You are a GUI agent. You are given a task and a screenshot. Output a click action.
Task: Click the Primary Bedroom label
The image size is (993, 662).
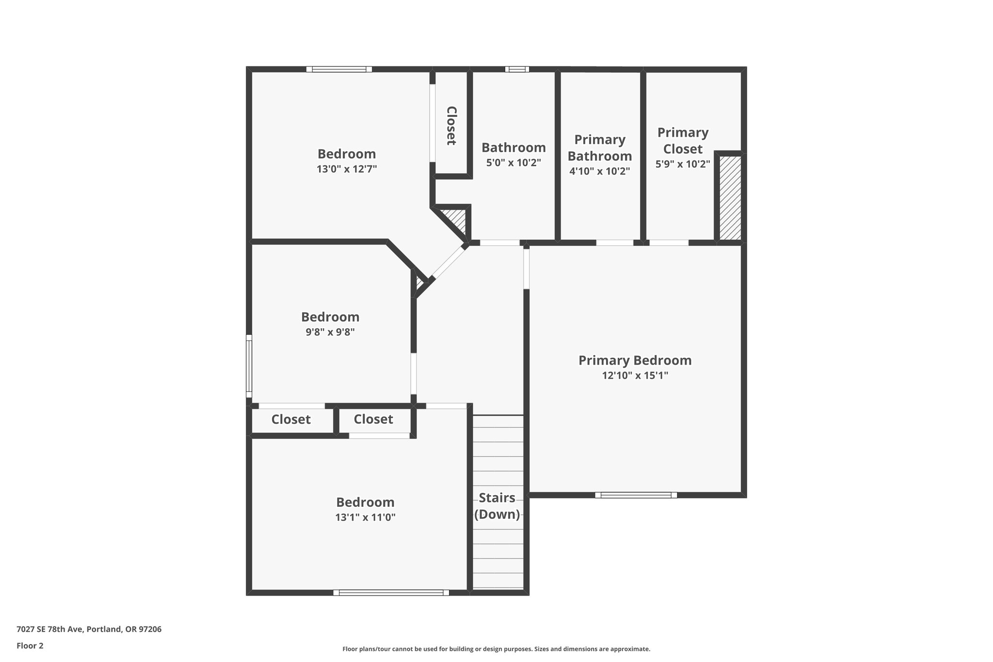point(635,360)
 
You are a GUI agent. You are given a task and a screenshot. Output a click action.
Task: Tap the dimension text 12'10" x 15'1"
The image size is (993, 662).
point(635,375)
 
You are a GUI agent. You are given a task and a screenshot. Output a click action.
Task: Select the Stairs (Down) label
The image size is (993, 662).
point(497,506)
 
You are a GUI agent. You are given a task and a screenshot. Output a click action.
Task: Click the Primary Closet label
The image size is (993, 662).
point(683,141)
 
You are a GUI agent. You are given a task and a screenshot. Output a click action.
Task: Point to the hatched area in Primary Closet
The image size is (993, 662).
point(730,198)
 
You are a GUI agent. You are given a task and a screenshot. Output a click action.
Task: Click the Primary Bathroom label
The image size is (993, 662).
point(600,148)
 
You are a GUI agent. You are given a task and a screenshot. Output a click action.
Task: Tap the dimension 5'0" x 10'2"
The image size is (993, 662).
point(513,163)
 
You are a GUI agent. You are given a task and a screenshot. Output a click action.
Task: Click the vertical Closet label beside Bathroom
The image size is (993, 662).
point(451,126)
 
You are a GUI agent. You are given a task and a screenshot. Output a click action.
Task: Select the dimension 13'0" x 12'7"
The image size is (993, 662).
point(347,169)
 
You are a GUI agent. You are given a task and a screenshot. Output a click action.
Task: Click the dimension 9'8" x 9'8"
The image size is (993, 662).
point(330,332)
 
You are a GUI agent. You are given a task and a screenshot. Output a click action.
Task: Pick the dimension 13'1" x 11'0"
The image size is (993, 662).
point(365,517)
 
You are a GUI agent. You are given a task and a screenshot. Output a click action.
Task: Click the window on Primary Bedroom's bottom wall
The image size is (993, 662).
point(636,495)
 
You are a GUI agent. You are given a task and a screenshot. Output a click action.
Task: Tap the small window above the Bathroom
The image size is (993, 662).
point(517,69)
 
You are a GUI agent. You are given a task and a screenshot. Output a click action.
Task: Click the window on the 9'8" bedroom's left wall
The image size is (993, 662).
point(249,366)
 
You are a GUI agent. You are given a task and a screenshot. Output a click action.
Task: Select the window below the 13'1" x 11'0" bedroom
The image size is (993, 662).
point(391,593)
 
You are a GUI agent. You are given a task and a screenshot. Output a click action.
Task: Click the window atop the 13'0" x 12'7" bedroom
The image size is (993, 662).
point(339,69)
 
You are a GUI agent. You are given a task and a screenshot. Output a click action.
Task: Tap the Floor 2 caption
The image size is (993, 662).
point(30,646)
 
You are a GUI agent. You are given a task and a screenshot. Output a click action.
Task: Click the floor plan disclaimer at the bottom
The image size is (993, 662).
point(496,649)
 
